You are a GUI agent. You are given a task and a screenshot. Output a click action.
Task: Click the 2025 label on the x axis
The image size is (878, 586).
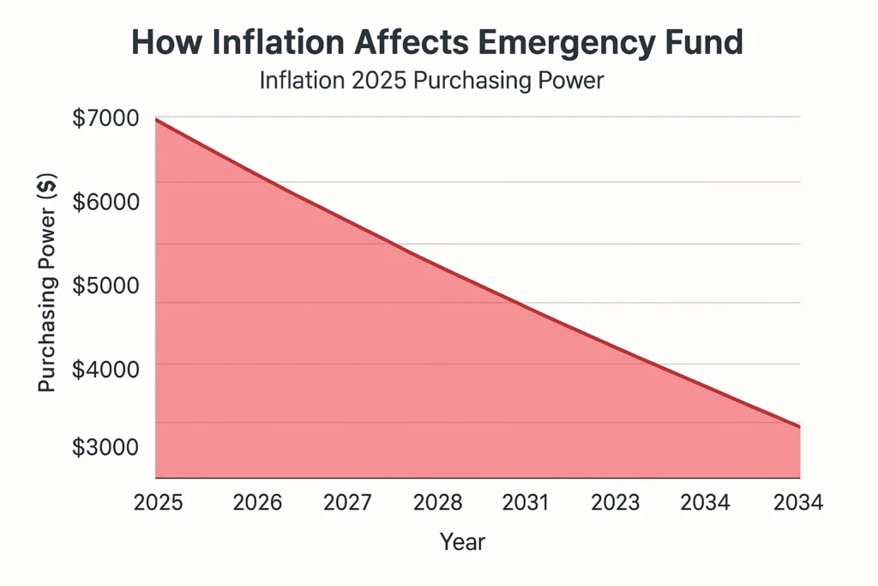pyautogui.click(x=158, y=503)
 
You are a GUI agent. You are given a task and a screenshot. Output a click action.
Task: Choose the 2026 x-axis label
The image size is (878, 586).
pyautogui.click(x=257, y=503)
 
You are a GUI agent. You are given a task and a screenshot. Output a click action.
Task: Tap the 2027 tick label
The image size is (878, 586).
pyautogui.click(x=347, y=503)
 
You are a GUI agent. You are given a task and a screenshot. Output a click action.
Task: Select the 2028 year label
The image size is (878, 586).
pyautogui.click(x=438, y=503)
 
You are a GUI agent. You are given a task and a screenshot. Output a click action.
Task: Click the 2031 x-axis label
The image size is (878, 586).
pyautogui.click(x=526, y=503)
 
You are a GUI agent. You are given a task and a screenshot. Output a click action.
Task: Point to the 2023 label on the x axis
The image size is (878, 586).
pyautogui.click(x=616, y=503)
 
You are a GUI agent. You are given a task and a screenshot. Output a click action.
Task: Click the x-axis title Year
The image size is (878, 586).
pyautogui.click(x=462, y=542)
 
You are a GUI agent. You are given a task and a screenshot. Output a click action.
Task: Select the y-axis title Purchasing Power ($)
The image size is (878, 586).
pyautogui.click(x=48, y=282)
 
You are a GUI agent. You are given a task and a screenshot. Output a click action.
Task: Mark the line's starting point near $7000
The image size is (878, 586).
pyautogui.click(x=157, y=120)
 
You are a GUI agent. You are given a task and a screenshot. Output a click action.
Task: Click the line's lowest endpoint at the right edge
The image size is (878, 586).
pyautogui.click(x=799, y=426)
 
